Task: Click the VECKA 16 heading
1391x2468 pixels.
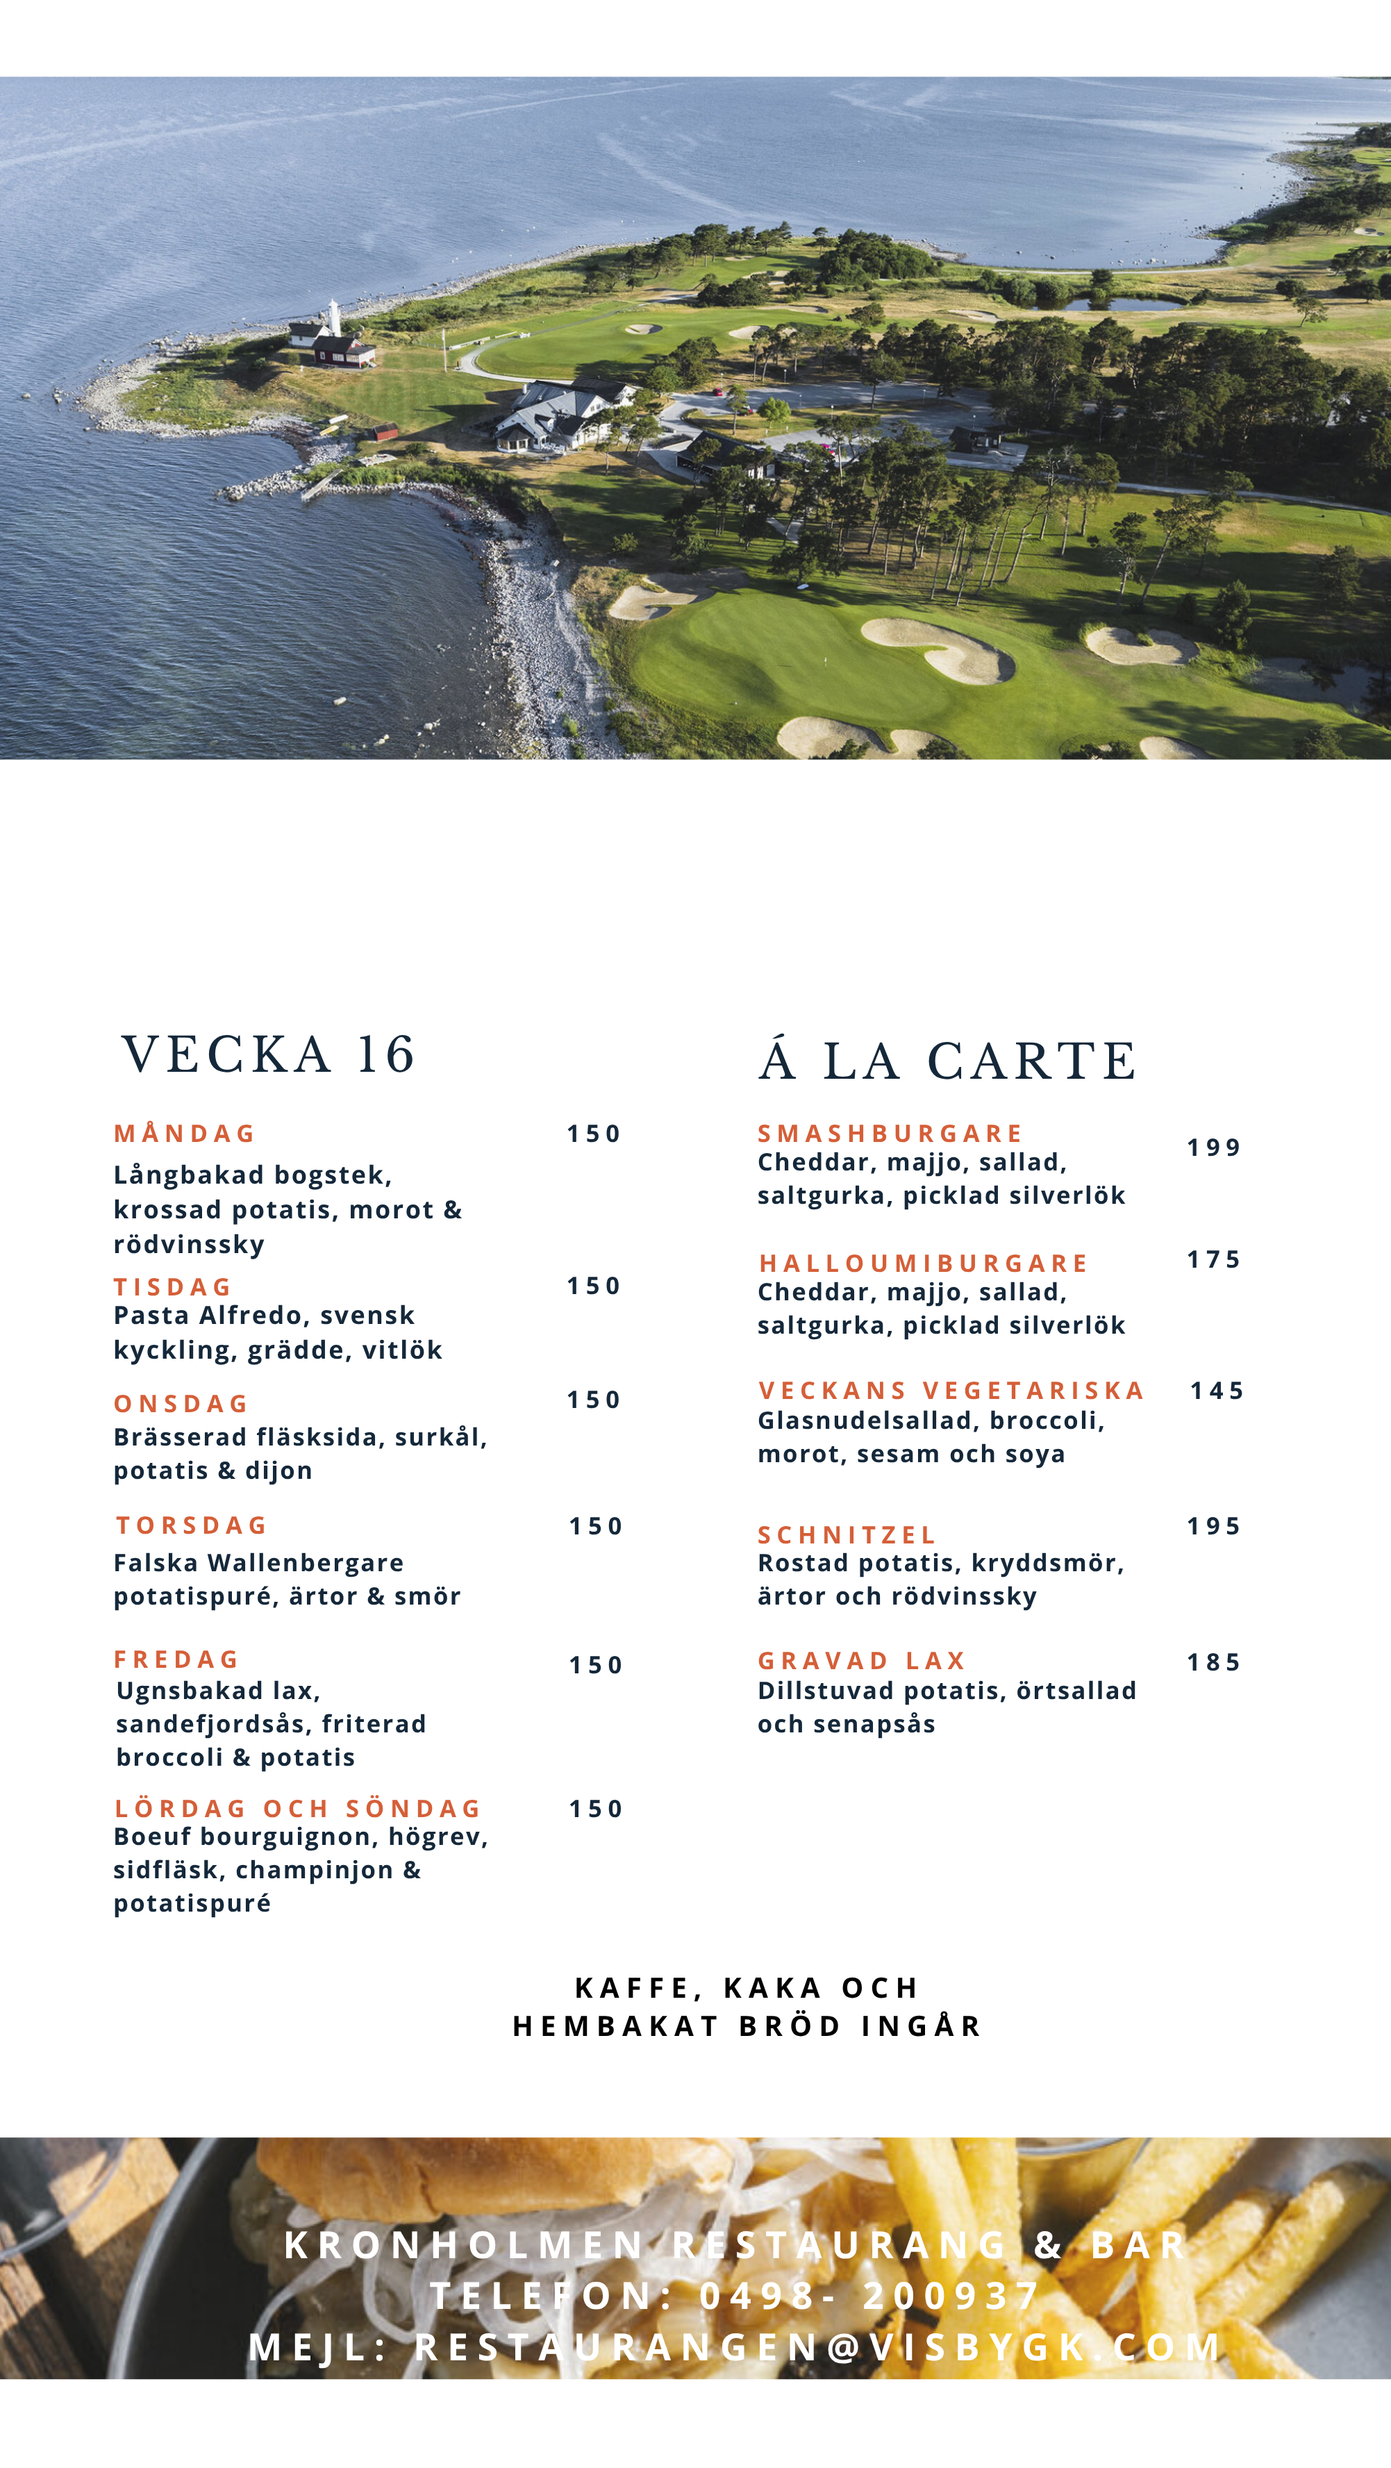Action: (268, 1055)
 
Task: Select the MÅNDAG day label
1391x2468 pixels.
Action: (184, 1134)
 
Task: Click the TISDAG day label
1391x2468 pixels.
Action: (172, 1286)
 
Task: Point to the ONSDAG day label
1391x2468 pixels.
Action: (181, 1404)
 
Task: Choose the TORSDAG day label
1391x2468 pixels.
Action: (192, 1525)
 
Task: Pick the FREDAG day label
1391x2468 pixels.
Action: (176, 1659)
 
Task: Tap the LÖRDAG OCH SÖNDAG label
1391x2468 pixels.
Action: (298, 1809)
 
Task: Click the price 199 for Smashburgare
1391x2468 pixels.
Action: (1214, 1148)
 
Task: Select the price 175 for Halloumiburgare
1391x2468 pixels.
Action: (1214, 1260)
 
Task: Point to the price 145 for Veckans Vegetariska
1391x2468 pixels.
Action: (1217, 1391)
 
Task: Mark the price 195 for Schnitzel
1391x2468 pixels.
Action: (1214, 1526)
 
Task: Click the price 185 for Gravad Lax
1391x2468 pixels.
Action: (1214, 1662)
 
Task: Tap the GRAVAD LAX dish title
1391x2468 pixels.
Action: (861, 1660)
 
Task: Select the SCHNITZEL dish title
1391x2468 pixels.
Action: (847, 1535)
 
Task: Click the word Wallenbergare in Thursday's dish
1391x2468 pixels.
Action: (306, 1563)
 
